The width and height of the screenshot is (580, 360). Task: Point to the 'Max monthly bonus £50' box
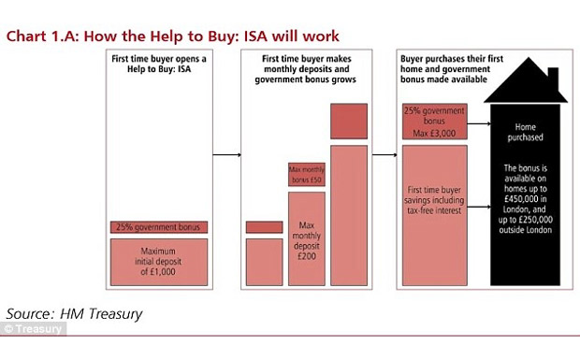(x=306, y=174)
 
